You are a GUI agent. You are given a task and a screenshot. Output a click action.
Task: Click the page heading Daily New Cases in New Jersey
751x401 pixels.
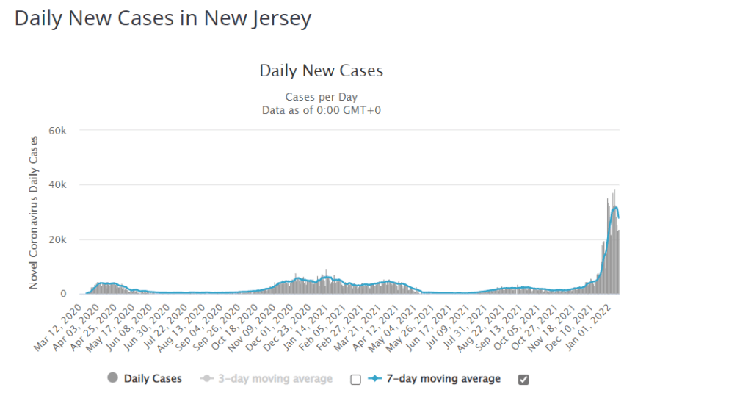163,19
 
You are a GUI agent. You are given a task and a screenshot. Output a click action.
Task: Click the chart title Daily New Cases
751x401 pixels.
321,71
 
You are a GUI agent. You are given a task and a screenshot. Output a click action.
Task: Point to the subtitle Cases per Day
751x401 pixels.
321,98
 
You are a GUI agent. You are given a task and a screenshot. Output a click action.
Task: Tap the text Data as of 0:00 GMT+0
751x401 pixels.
321,110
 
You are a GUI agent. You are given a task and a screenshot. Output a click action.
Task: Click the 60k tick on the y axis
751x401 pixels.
57,131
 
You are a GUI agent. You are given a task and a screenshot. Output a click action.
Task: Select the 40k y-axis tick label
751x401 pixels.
57,185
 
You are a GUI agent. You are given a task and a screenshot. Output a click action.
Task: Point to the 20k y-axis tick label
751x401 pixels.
57,239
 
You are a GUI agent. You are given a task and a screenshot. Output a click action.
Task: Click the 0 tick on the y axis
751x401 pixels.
65,294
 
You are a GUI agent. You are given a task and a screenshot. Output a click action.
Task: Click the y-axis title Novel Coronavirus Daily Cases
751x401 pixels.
34,212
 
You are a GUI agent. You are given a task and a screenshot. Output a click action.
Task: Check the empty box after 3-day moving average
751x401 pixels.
355,380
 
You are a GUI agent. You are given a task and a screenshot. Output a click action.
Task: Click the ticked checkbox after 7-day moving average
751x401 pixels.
523,380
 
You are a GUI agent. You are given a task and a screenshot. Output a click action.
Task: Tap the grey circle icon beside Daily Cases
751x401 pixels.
112,378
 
